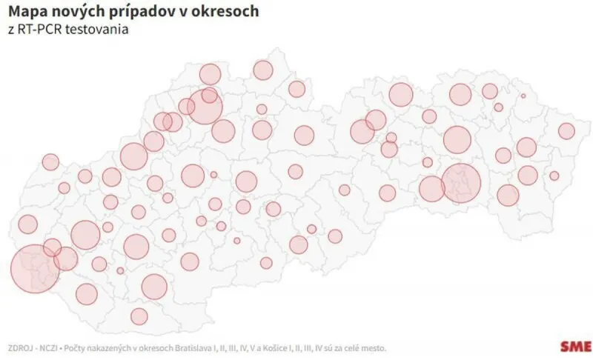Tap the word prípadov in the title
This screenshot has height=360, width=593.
point(131,13)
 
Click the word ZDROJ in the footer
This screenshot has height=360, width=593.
point(21,347)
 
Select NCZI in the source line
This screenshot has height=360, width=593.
point(50,347)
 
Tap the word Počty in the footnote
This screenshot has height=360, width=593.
point(79,347)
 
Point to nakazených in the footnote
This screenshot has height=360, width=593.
point(113,347)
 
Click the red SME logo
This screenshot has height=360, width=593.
point(575,346)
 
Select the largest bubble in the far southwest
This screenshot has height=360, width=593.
point(35,268)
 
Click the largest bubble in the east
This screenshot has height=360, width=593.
point(461,183)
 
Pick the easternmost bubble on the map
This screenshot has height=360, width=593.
point(567,131)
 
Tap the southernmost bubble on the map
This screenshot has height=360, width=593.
point(139,316)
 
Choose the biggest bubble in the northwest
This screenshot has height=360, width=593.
point(205,107)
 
